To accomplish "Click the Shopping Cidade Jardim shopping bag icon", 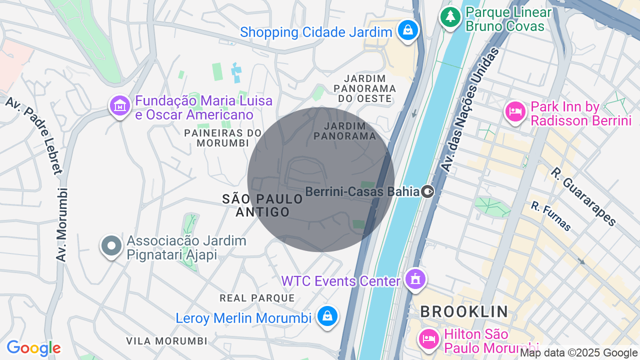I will click(x=408, y=30).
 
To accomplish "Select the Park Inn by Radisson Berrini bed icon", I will click(x=515, y=112).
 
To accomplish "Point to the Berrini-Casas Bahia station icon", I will click(x=427, y=191).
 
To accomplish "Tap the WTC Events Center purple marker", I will click(x=415, y=279).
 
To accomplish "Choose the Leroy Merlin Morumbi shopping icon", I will click(x=327, y=316).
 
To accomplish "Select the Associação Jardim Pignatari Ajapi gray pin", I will click(x=111, y=246).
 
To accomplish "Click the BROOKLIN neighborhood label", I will click(x=464, y=311).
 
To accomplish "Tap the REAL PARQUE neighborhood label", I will click(x=257, y=298).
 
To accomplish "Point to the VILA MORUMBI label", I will click(x=166, y=341).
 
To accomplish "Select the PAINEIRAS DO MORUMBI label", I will click(x=223, y=138).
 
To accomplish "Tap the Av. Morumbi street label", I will click(x=62, y=224).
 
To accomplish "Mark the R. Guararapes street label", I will click(x=583, y=196).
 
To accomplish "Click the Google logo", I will click(x=33, y=348).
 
